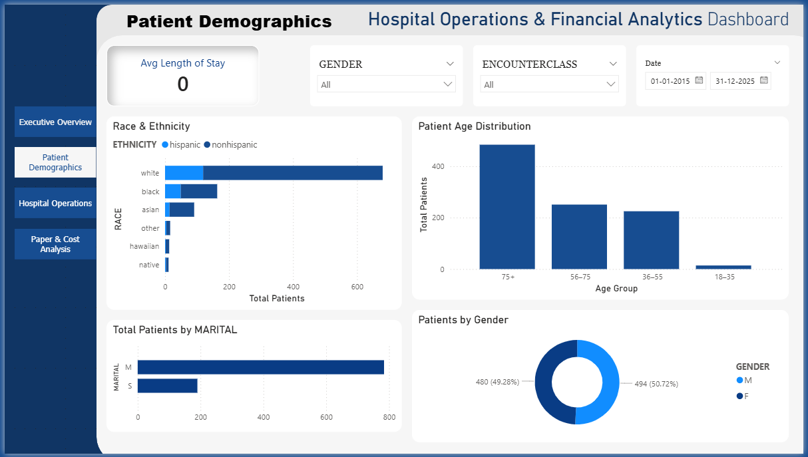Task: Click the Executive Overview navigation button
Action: pos(55,122)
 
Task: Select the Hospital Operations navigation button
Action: pos(55,204)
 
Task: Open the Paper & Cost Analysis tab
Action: pos(55,244)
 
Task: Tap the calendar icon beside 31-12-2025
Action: pos(764,80)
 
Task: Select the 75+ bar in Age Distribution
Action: pos(507,207)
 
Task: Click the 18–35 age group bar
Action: pos(723,267)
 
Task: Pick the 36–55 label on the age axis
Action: pos(652,277)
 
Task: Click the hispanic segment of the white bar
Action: pos(184,173)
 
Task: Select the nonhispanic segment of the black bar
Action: pos(199,192)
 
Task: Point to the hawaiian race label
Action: pos(144,246)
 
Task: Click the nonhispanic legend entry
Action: pos(234,145)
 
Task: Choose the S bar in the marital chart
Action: pos(168,386)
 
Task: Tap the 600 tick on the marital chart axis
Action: pos(326,418)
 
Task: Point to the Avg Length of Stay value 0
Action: pos(182,84)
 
